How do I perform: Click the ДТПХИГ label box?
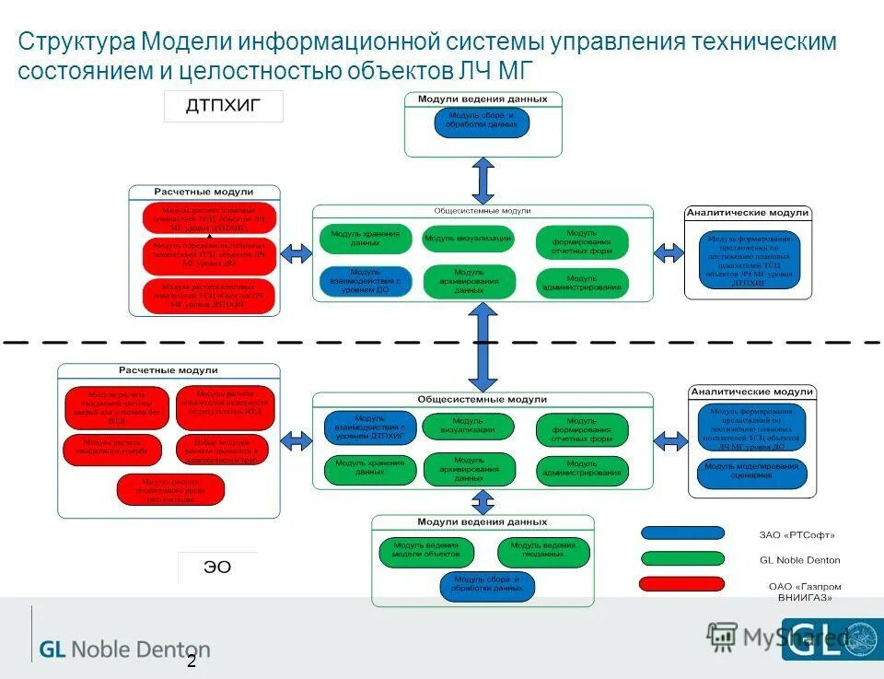[x=223, y=107]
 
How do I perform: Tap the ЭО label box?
[x=217, y=568]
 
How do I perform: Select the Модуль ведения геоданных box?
[x=543, y=552]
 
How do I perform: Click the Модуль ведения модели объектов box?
[x=426, y=552]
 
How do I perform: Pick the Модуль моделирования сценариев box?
[x=751, y=473]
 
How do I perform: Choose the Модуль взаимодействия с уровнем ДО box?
[x=366, y=280]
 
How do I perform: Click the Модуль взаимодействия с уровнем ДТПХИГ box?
[x=370, y=427]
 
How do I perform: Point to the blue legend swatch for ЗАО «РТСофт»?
[x=681, y=533]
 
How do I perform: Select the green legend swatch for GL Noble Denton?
[x=681, y=558]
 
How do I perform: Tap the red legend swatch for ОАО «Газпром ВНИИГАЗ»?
[x=681, y=583]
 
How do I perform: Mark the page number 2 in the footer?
[x=192, y=661]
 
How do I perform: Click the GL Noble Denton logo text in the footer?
[x=124, y=650]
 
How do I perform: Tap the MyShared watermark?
[x=773, y=637]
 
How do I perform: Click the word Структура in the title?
[x=76, y=42]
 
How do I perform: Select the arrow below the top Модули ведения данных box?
[x=483, y=181]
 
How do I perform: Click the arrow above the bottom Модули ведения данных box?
[x=483, y=501]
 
